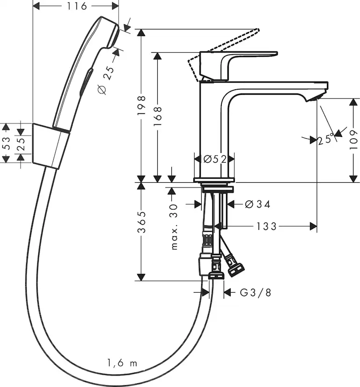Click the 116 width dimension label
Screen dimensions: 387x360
click(77, 7)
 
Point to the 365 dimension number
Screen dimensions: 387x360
click(143, 223)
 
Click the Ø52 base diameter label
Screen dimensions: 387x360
click(214, 159)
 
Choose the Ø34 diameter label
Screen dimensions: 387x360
click(258, 204)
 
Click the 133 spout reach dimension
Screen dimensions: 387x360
click(267, 227)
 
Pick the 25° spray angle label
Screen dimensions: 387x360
click(326, 139)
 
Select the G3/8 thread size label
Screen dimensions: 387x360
click(255, 293)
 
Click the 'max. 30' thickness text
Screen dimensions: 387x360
click(175, 227)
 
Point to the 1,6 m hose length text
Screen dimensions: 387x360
click(122, 363)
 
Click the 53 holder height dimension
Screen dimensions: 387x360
click(6, 143)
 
